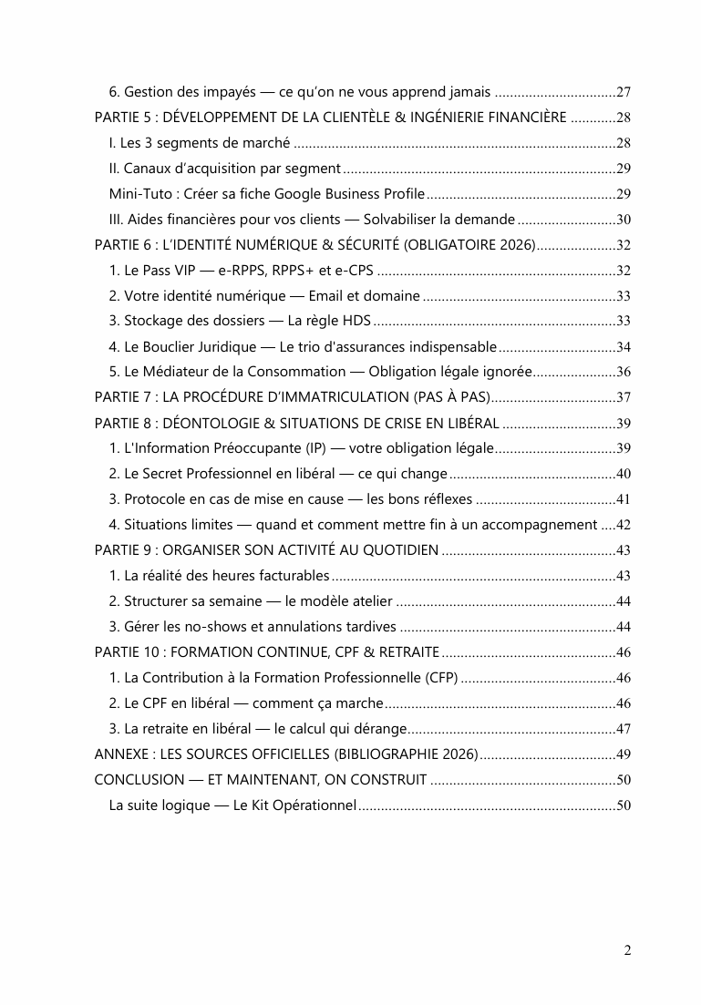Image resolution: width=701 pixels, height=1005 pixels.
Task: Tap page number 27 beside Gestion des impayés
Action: pos(624,92)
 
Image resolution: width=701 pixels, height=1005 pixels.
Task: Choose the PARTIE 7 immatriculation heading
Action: pos(293,397)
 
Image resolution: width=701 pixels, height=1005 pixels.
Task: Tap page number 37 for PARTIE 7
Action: pos(624,397)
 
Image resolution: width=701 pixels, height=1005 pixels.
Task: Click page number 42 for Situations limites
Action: pos(624,525)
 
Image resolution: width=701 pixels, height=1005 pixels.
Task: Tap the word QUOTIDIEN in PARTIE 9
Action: pos(396,550)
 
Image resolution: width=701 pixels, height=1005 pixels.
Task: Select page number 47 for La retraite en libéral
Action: pos(624,729)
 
